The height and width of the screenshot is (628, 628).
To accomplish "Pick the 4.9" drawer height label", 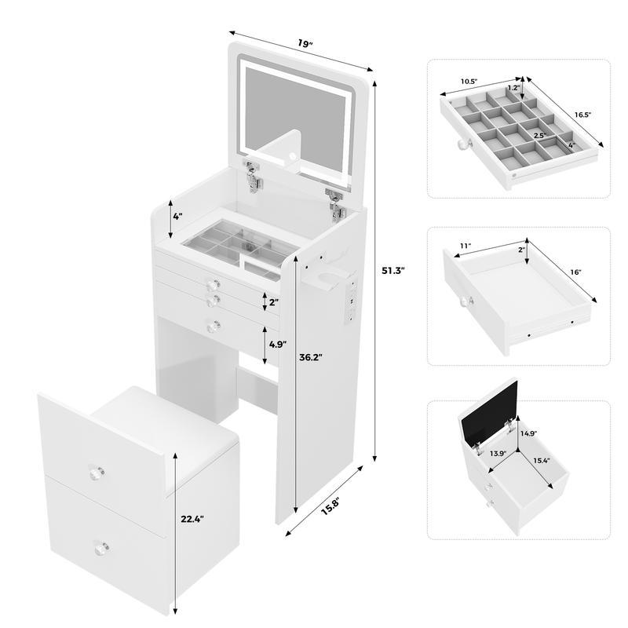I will (x=277, y=344).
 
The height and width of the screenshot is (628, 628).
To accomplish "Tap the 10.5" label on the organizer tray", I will (x=470, y=81).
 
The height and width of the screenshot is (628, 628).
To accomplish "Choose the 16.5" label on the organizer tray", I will (x=582, y=115).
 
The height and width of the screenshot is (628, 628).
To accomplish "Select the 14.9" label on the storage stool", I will (x=528, y=432).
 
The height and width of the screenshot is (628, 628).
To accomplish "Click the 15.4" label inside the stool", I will (x=542, y=462).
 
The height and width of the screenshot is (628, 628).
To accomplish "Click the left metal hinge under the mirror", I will (x=253, y=177).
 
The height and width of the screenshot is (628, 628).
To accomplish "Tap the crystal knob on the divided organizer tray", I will (x=464, y=144).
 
